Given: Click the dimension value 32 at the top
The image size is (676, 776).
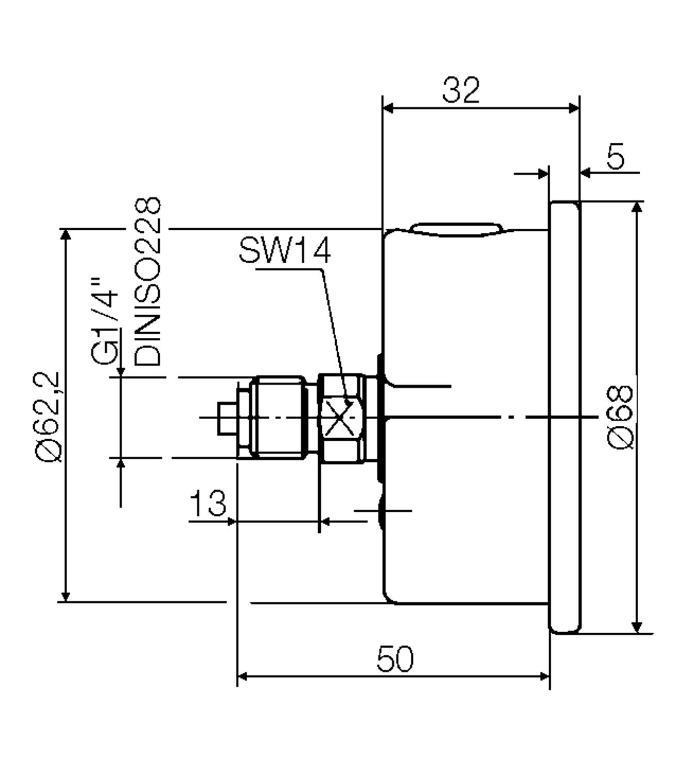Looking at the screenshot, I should (461, 91).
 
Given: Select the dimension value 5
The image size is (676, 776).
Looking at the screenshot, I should (615, 156).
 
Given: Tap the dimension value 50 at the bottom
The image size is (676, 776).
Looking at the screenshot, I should (395, 659).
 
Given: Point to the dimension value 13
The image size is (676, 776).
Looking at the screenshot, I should (208, 503).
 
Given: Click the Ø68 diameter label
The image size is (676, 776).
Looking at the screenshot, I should (620, 417).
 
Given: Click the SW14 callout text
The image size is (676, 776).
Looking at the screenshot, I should (284, 251).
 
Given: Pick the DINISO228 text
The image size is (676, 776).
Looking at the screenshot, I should (148, 282).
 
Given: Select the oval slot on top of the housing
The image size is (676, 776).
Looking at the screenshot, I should (456, 229).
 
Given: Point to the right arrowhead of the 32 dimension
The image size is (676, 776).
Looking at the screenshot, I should (574, 108).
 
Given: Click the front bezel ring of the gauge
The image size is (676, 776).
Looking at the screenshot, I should (565, 417).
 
